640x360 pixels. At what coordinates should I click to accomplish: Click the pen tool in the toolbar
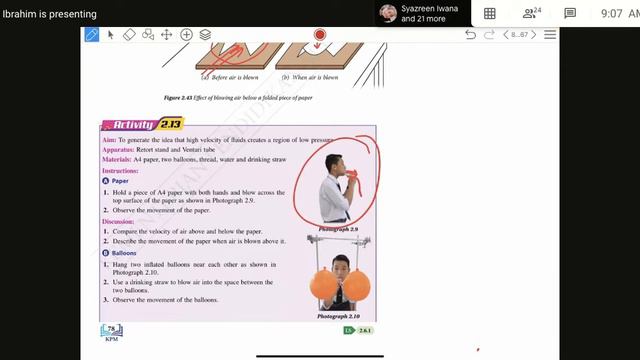(x=91, y=34)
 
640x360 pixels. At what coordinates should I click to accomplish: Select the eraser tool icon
(x=129, y=34)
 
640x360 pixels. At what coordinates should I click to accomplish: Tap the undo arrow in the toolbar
(x=470, y=34)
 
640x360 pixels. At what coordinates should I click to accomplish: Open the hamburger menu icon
(x=549, y=34)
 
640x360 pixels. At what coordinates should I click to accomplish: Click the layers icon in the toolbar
(x=205, y=34)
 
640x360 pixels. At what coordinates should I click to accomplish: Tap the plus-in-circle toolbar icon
(x=186, y=34)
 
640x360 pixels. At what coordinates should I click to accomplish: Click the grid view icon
(x=489, y=13)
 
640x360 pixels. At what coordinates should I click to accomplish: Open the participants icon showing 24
(x=530, y=13)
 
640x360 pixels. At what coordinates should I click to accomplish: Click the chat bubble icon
(x=569, y=13)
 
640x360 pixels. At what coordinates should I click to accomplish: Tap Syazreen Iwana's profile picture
(x=387, y=13)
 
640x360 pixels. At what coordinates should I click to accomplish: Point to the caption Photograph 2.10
(x=337, y=316)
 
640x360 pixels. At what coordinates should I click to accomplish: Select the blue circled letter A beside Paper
(x=106, y=181)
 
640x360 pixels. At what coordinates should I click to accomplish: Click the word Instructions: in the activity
(x=120, y=171)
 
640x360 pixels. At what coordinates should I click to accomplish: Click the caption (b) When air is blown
(x=310, y=77)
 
